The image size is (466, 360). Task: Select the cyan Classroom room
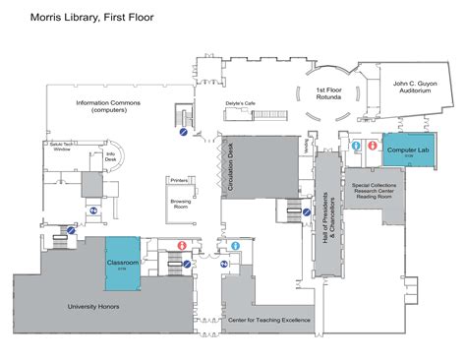pos(124,265)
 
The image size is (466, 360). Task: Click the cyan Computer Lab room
pos(408,150)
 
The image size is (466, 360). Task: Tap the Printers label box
pos(180,181)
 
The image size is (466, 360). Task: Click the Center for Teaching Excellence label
pos(269,320)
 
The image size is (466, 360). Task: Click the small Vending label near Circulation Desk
pos(306,144)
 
